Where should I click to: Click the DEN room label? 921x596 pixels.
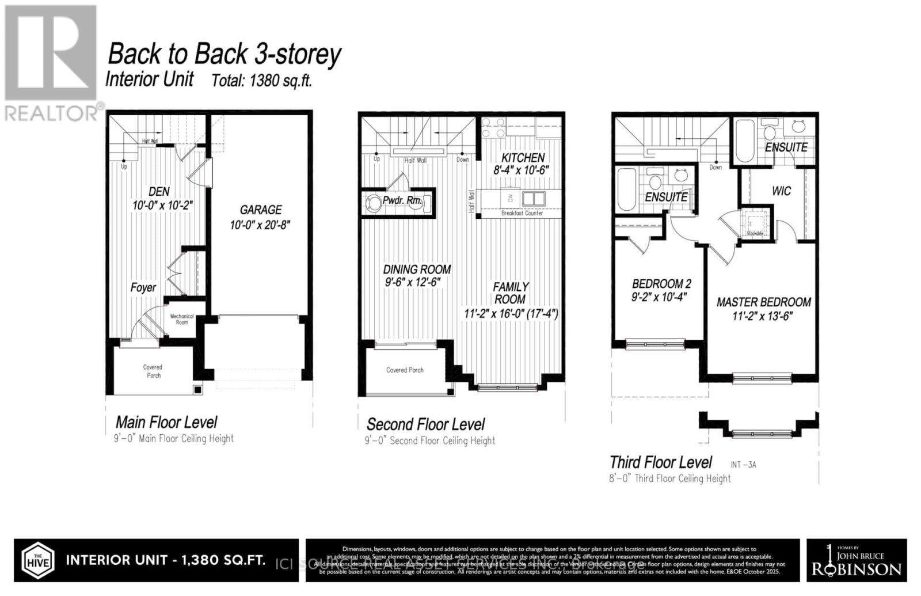(159, 191)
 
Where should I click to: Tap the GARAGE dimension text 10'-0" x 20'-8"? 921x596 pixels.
(260, 225)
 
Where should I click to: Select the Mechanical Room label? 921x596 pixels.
(182, 319)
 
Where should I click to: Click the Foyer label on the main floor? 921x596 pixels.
(143, 287)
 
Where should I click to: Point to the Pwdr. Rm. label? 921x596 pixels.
(402, 201)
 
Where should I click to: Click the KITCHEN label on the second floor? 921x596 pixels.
(523, 158)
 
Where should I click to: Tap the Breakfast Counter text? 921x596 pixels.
(522, 213)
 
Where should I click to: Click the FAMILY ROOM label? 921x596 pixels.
(510, 293)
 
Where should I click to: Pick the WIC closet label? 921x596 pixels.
(781, 191)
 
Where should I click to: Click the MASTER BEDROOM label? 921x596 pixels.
(763, 302)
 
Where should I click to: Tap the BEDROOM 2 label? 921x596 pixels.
(661, 284)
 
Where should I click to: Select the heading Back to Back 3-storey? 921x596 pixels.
(224, 55)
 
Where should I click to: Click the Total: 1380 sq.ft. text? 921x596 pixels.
(262, 81)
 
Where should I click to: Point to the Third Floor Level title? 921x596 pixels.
(660, 462)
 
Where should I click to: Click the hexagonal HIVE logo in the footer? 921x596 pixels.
(38, 560)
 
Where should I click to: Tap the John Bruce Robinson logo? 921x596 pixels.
(856, 560)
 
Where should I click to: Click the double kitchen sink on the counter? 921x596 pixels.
(534, 199)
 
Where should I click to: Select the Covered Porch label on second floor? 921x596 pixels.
(405, 370)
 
